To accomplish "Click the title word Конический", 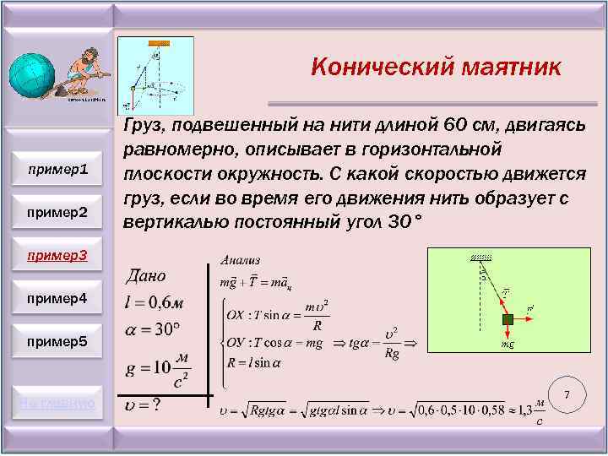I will pyautogui.click(x=370, y=67).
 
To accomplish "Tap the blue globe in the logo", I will pyautogui.click(x=32, y=77).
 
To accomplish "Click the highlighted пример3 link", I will pyautogui.click(x=58, y=254).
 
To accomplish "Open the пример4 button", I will pyautogui.click(x=58, y=299).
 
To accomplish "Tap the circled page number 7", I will pyautogui.click(x=567, y=395).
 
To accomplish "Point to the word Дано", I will pyautogui.click(x=147, y=275).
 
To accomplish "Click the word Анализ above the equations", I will pyautogui.click(x=241, y=259).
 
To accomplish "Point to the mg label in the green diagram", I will pyautogui.click(x=508, y=345).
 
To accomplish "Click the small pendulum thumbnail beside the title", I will pyautogui.click(x=155, y=74).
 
